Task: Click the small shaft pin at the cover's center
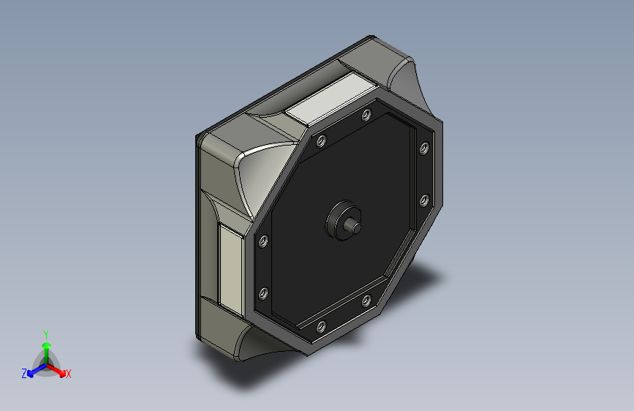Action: click(352, 226)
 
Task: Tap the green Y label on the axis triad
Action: click(46, 334)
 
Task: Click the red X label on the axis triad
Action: click(68, 374)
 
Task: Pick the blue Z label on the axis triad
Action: click(24, 374)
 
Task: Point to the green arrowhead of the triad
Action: click(47, 345)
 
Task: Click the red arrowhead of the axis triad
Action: click(62, 372)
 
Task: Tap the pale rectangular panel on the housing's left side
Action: click(230, 270)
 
